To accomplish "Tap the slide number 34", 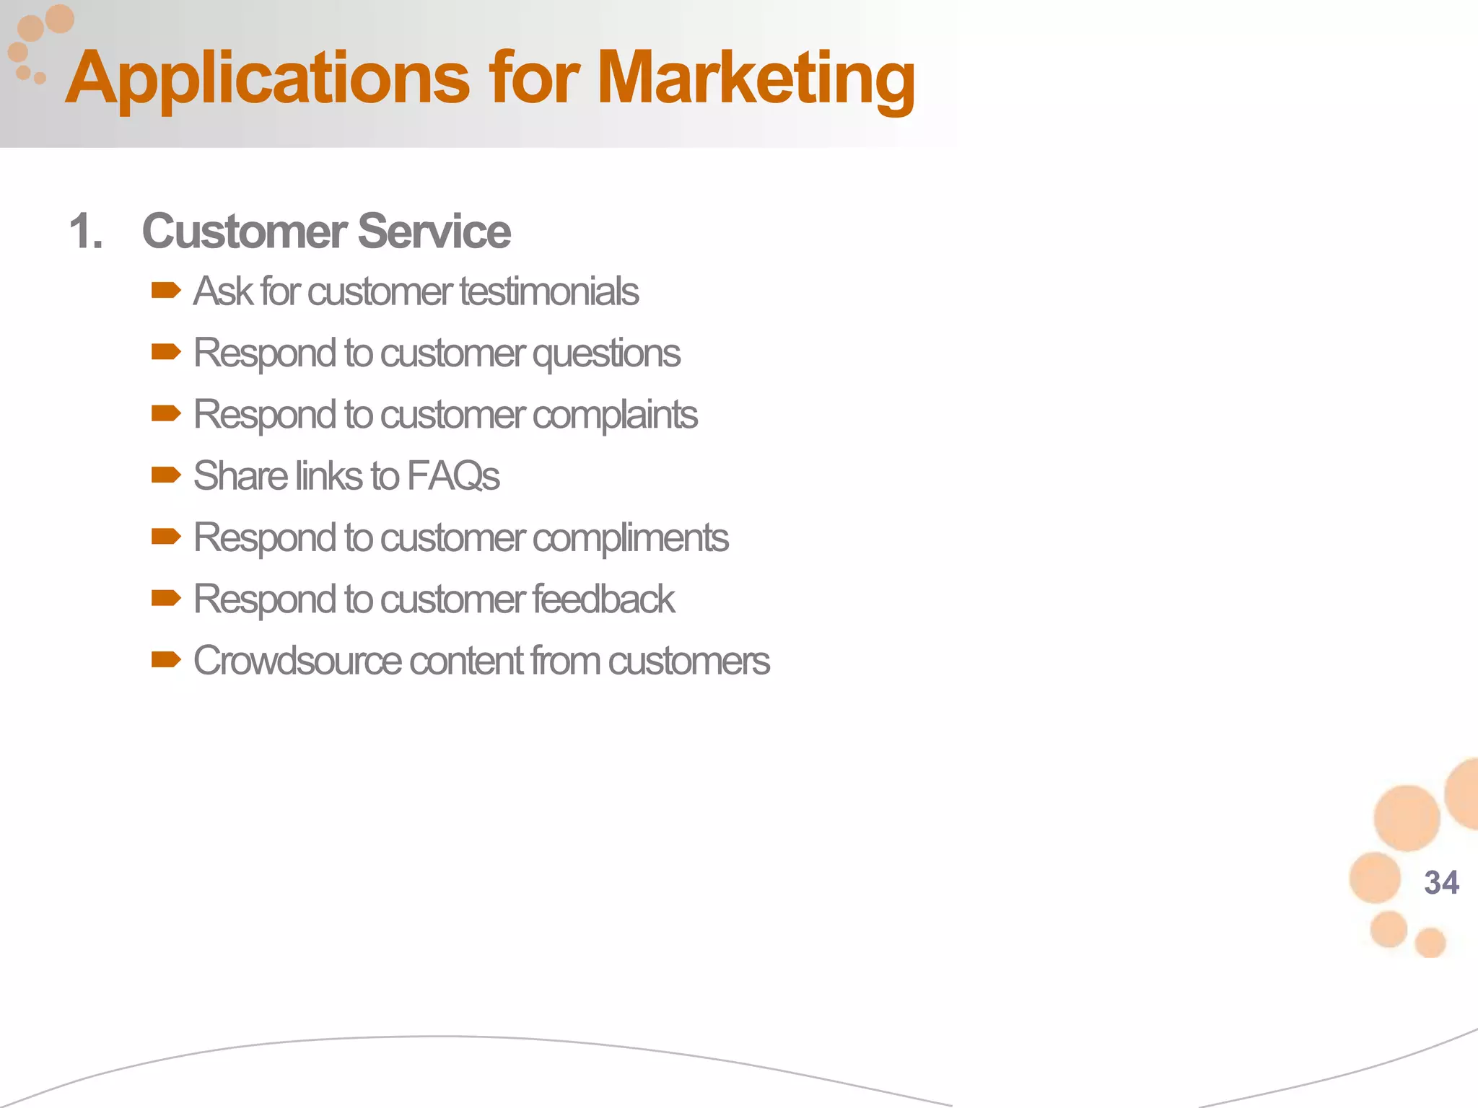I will click(1441, 882).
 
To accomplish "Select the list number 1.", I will click(86, 232).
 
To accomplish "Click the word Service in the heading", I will click(434, 232).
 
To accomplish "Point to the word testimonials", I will click(549, 291).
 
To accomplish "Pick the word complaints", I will click(615, 415).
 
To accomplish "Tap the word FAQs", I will click(453, 476).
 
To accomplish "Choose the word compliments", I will click(631, 537).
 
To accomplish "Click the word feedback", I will click(603, 599).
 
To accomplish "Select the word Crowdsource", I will click(297, 661).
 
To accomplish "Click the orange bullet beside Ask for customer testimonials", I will click(166, 291).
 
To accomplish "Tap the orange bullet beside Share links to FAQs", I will click(166, 475).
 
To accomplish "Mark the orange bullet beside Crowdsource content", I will click(166, 659).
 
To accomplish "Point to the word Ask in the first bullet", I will click(223, 291).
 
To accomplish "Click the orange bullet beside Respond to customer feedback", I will click(166, 598).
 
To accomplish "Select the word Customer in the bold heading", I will click(245, 232).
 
